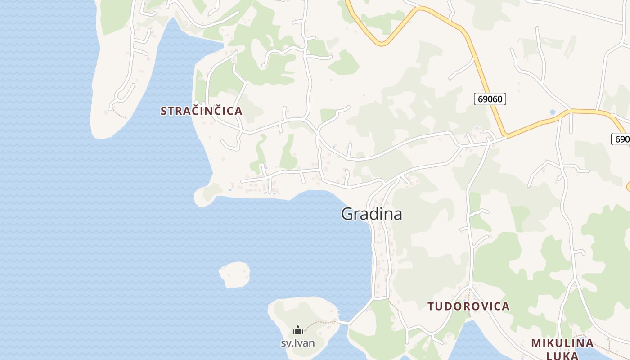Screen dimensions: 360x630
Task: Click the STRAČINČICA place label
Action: [x=201, y=111]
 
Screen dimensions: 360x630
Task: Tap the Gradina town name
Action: [x=371, y=214]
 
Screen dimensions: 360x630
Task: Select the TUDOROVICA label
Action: [x=468, y=306]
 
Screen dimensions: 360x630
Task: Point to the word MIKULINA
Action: [x=562, y=343]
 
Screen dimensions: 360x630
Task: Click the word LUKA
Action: [x=562, y=355]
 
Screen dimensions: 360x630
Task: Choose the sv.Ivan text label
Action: [x=297, y=343]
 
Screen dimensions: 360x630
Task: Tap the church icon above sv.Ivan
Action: [x=297, y=330]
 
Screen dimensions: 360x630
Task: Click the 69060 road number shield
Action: [x=490, y=99]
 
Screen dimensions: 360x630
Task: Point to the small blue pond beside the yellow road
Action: [x=552, y=112]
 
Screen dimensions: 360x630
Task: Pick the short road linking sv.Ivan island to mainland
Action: [x=344, y=322]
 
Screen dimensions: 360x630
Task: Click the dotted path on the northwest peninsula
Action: [x=119, y=113]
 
